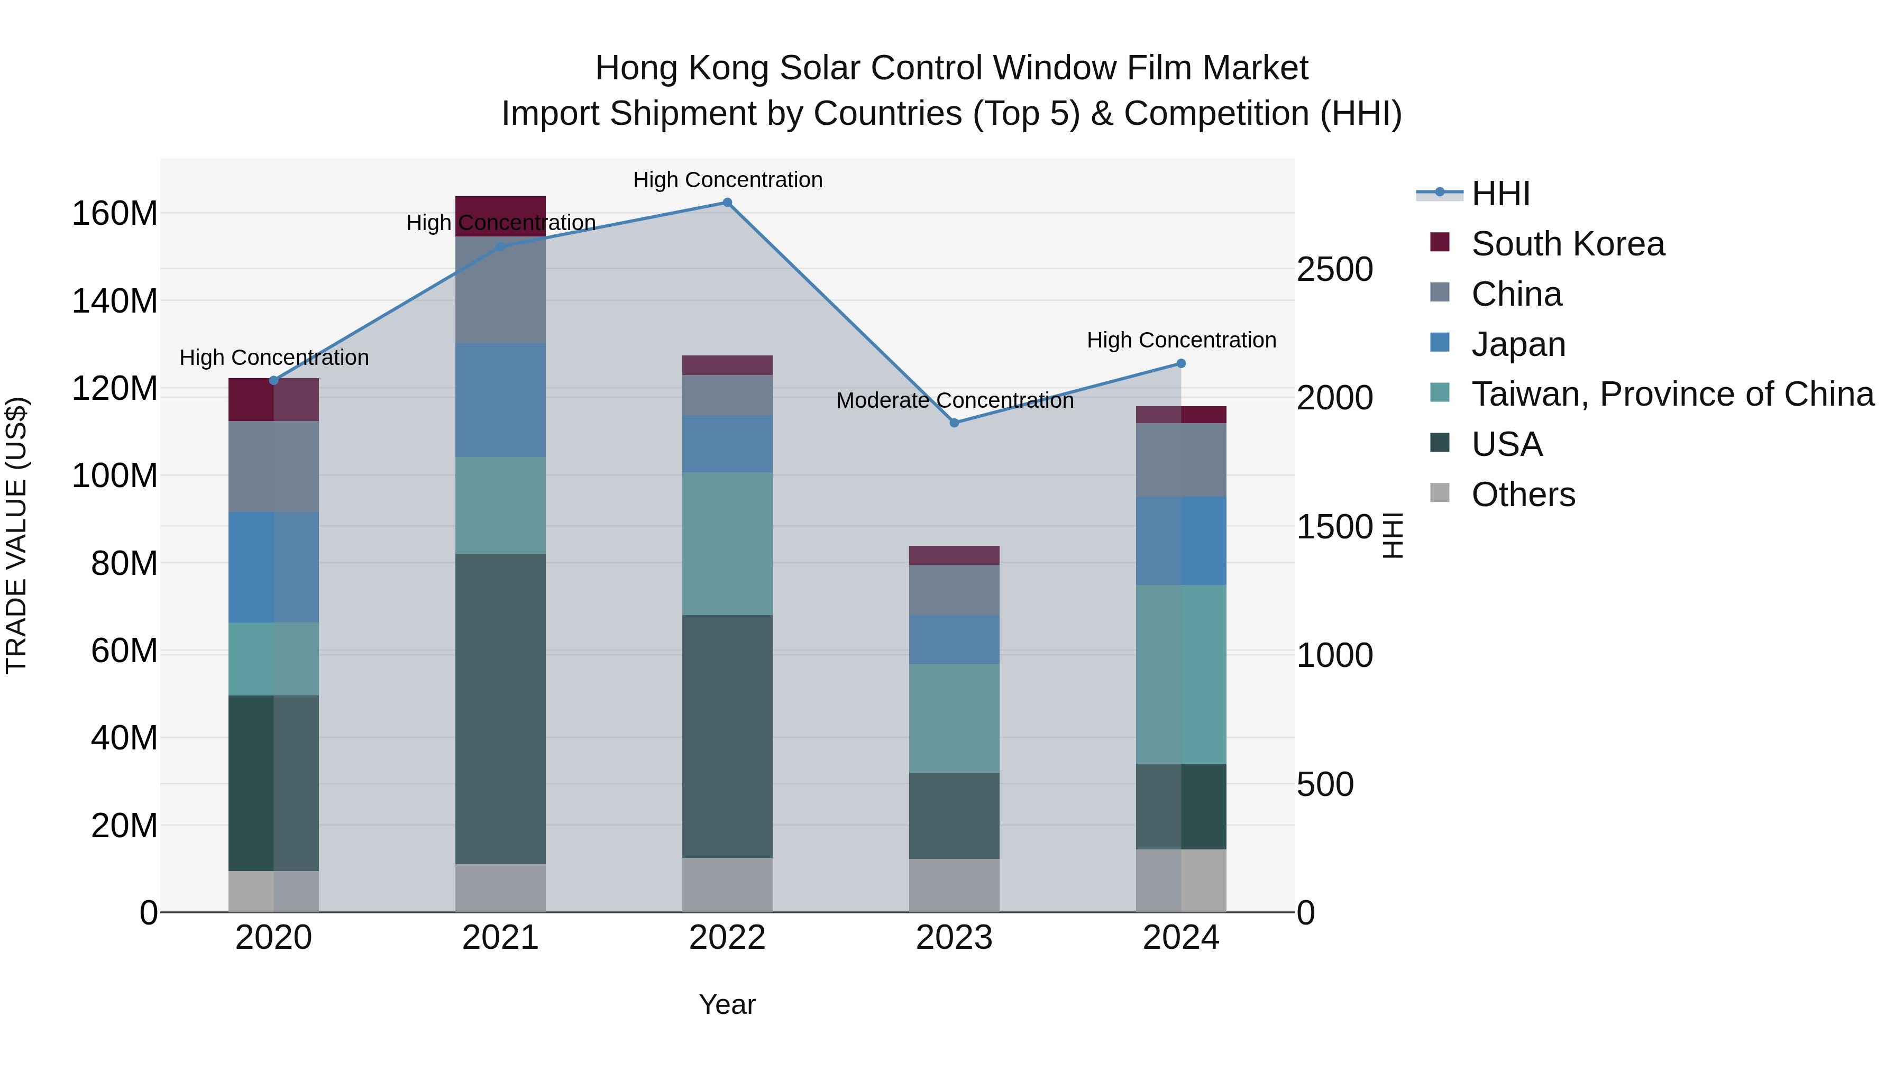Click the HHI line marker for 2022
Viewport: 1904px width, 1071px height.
727,203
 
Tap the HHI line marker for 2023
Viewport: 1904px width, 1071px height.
954,423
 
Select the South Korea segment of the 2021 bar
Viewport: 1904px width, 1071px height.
500,216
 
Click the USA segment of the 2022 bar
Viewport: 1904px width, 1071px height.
727,736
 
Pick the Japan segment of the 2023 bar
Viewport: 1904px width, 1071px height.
954,639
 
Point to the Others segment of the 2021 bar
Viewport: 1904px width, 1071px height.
500,887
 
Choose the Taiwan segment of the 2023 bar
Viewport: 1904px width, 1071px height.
954,718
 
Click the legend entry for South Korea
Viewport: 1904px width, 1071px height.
1567,244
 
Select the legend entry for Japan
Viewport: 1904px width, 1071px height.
1517,344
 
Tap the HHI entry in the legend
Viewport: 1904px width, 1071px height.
1500,194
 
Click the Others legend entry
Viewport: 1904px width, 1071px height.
1523,495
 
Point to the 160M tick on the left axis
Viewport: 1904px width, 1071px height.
115,214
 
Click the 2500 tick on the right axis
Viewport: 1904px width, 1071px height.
1334,270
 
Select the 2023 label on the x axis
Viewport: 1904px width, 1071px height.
954,938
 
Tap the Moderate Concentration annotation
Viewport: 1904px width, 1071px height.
954,400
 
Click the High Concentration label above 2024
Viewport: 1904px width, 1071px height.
1181,340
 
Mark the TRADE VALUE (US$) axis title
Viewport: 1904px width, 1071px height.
16,535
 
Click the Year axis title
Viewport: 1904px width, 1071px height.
727,1004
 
